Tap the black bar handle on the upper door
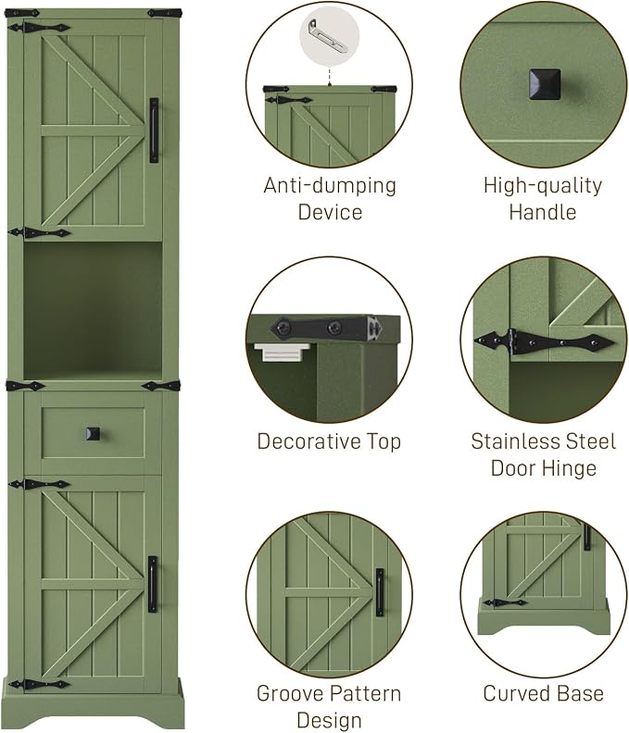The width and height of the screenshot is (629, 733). point(154,130)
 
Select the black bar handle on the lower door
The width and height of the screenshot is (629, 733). point(153,584)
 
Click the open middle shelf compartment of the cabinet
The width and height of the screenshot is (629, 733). point(93,310)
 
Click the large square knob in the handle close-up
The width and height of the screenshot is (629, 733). point(545,84)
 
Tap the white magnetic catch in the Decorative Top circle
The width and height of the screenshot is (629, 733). point(283,352)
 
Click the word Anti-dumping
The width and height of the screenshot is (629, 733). point(330,186)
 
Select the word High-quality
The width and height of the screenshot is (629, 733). point(543,186)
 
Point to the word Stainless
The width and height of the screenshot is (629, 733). point(508,441)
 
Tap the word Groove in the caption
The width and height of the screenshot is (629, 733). point(285,693)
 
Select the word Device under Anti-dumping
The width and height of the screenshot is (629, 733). point(330,212)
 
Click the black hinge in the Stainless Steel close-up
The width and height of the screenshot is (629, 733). point(545,343)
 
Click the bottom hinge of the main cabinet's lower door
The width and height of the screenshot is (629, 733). point(39,685)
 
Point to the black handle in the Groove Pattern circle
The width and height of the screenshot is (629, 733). point(380,592)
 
